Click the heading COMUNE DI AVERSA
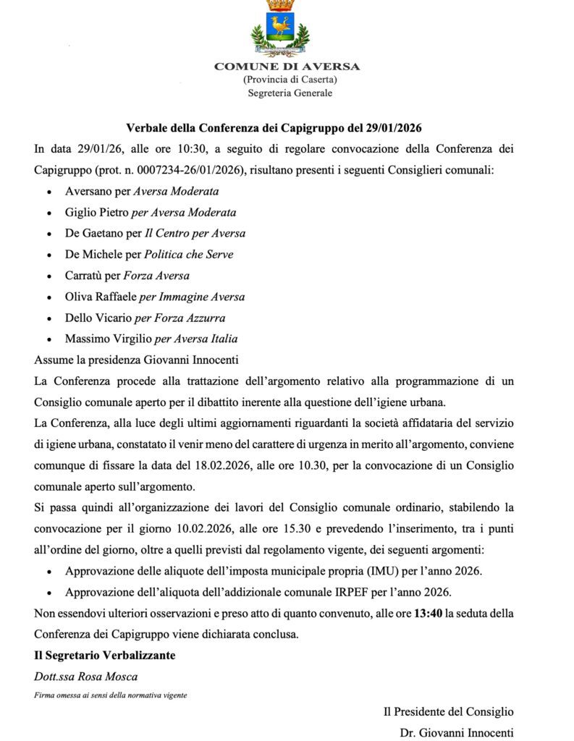pos(287,67)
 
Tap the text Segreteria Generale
pos(290,92)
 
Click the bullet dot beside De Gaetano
pos(48,234)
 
